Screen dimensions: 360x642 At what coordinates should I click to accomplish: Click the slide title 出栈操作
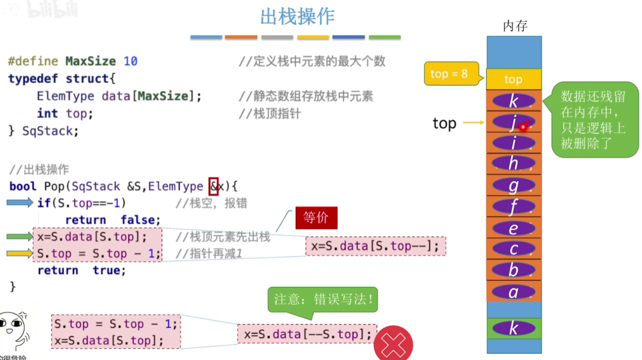coord(297,17)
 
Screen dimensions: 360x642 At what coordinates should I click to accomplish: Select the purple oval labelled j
coord(513,122)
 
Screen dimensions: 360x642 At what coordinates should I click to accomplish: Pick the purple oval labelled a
coord(514,292)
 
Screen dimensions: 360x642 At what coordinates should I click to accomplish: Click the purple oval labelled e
coord(514,228)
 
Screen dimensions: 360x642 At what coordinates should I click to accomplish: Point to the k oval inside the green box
coord(514,329)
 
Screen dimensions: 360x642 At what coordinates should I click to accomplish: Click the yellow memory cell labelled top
coord(514,79)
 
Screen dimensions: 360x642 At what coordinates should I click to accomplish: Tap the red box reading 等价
coord(316,218)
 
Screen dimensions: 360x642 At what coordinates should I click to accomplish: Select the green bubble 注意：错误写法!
coord(323,299)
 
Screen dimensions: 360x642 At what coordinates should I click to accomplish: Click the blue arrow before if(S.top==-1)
coord(20,203)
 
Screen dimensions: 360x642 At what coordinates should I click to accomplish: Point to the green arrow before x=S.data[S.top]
coord(20,237)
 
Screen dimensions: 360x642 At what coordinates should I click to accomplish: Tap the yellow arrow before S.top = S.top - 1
coord(20,254)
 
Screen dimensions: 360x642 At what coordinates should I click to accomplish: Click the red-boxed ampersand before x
coord(214,186)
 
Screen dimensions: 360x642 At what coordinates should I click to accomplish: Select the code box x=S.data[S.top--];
coord(375,246)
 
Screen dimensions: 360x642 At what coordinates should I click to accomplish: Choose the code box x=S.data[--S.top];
coord(307,334)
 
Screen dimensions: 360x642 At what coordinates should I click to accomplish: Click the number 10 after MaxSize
coord(131,61)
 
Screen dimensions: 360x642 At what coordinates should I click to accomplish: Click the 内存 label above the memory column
coord(515,26)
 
